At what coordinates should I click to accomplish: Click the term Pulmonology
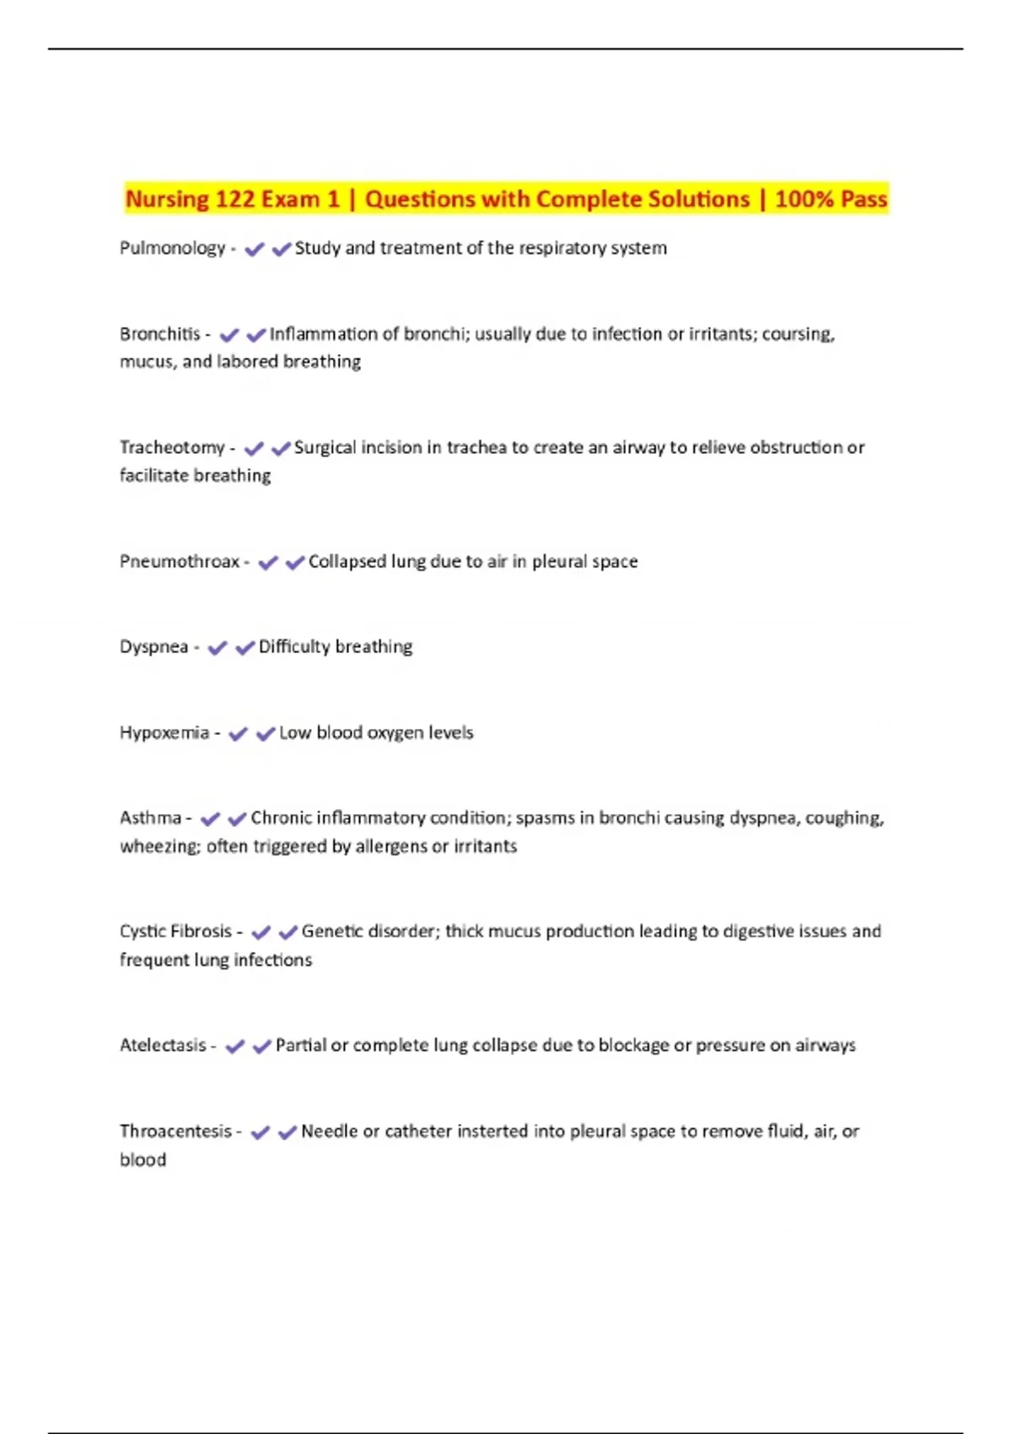click(x=172, y=248)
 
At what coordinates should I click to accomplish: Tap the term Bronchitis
click(x=160, y=334)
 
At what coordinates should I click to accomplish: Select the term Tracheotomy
click(x=172, y=448)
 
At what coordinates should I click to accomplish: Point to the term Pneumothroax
click(x=180, y=562)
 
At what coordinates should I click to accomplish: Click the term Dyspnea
click(x=153, y=647)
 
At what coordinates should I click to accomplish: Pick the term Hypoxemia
click(x=164, y=733)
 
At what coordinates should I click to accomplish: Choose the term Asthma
click(x=150, y=818)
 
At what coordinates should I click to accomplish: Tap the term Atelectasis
click(x=163, y=1045)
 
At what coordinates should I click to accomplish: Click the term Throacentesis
click(x=175, y=1131)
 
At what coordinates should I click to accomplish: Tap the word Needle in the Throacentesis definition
click(x=329, y=1131)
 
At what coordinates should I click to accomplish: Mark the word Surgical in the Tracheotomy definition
click(x=325, y=448)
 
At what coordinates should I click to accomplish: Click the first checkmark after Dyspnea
click(x=218, y=648)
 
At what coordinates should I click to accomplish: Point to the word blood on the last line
click(x=143, y=1160)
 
